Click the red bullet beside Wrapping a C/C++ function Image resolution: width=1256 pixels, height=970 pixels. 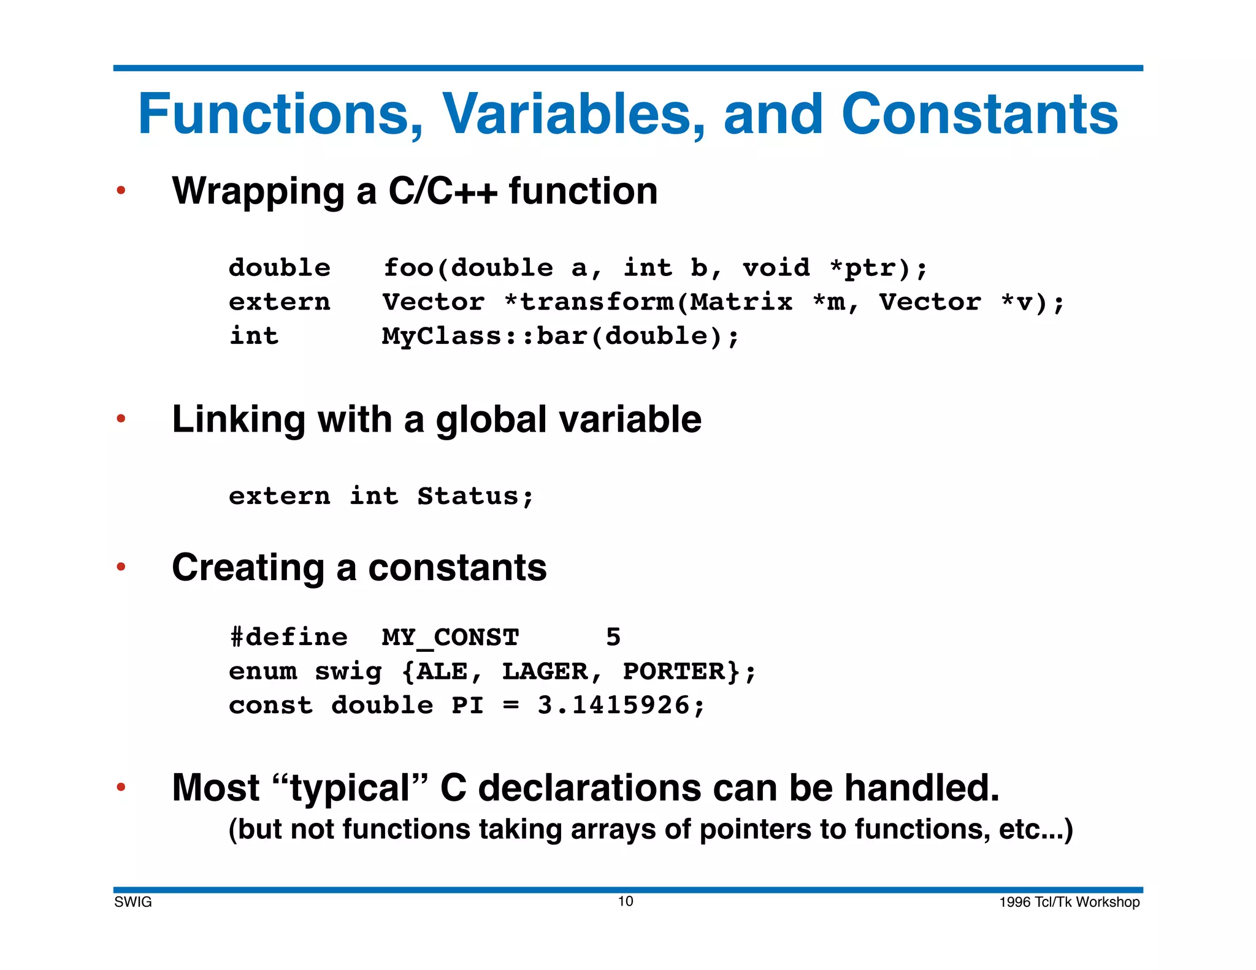[121, 191]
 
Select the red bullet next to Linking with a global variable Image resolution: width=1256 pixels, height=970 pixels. [121, 419]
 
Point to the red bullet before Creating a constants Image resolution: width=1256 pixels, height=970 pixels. [121, 567]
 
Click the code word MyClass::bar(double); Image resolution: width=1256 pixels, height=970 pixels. [561, 337]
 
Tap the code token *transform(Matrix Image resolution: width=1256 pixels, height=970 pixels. [648, 302]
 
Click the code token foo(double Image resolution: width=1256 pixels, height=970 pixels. [468, 268]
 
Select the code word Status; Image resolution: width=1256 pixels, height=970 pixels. [475, 496]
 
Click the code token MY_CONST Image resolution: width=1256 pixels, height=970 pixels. [450, 638]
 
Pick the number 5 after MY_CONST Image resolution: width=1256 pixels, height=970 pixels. [613, 638]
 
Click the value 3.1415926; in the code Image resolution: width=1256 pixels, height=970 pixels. [621, 706]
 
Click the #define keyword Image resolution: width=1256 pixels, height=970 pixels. [288, 638]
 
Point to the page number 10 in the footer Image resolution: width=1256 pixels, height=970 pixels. [626, 901]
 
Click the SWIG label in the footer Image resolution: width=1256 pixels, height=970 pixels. [133, 902]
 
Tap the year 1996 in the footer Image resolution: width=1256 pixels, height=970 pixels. [1015, 902]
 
